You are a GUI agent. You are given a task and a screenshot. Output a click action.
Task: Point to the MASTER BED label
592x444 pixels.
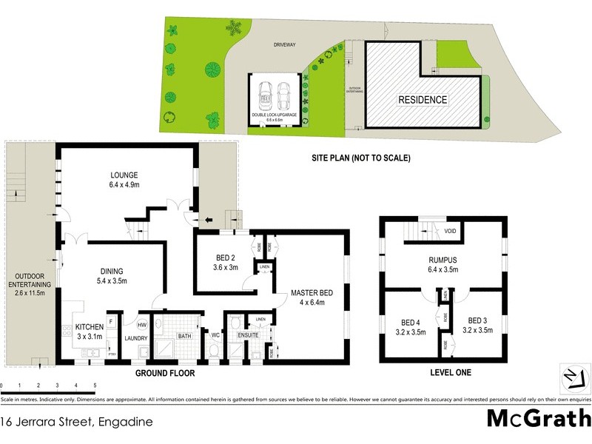tap(312, 293)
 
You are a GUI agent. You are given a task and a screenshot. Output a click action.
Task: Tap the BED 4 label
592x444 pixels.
tap(410, 322)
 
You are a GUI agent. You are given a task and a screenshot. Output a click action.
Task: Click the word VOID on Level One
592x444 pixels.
tap(450, 232)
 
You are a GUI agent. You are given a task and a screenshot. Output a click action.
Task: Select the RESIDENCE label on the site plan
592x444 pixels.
tap(423, 100)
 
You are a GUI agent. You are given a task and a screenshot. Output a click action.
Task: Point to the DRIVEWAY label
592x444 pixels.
tap(284, 45)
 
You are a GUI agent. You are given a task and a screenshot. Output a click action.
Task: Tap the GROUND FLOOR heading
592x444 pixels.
tap(165, 374)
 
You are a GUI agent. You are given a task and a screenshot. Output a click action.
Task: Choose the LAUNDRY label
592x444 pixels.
tap(135, 338)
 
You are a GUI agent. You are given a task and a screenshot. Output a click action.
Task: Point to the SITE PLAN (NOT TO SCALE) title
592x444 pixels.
tap(361, 158)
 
